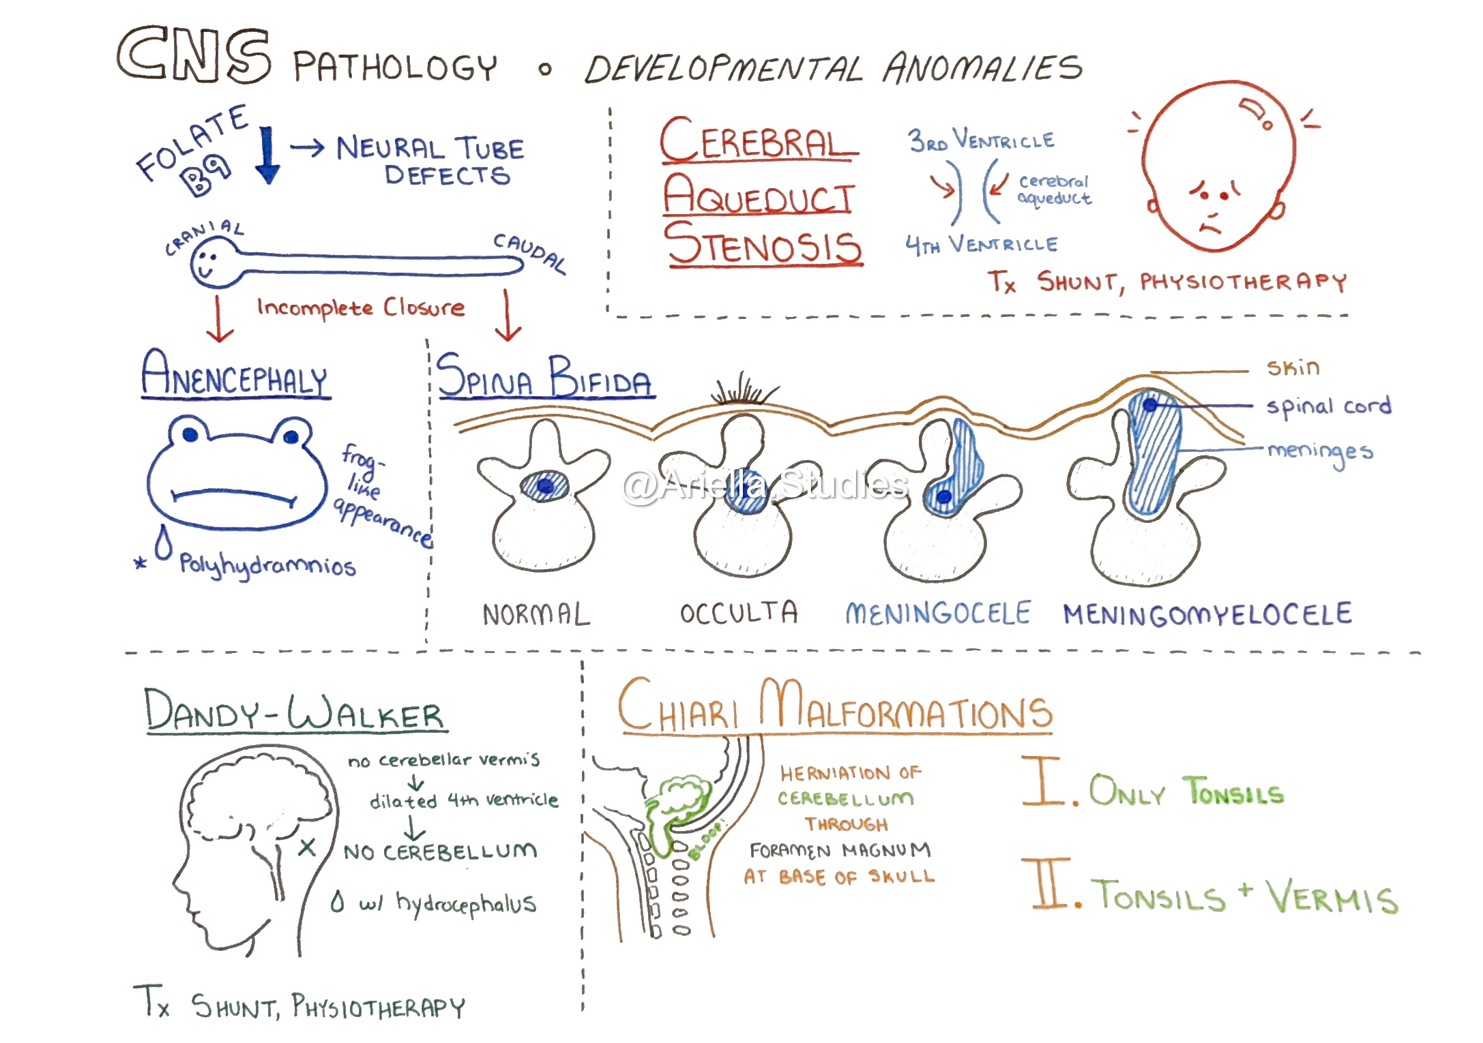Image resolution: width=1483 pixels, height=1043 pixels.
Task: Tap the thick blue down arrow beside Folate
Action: [x=267, y=155]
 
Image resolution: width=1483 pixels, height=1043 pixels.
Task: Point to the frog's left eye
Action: [x=190, y=434]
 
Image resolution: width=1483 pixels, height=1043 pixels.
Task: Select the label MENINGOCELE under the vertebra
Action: [x=938, y=614]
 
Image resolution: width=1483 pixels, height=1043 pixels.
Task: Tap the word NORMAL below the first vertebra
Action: [x=536, y=615]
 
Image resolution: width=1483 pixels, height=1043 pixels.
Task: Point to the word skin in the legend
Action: [x=1293, y=368]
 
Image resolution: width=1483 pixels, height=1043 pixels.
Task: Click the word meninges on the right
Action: [x=1319, y=452]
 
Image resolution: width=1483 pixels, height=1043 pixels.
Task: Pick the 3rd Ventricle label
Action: [x=981, y=140]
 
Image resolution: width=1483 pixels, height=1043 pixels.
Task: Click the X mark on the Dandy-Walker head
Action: [x=307, y=847]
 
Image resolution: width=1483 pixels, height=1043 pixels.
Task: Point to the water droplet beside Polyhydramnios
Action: [x=163, y=543]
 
